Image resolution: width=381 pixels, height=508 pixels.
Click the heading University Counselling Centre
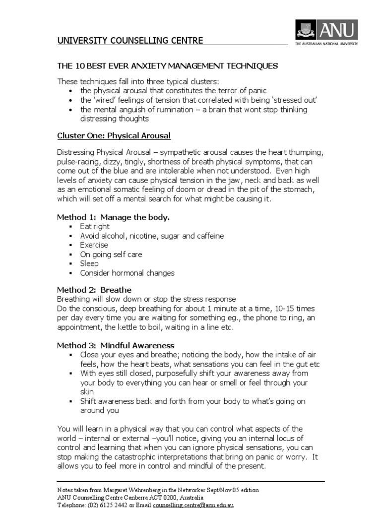130,40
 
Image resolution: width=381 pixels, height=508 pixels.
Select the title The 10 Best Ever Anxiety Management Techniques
167,66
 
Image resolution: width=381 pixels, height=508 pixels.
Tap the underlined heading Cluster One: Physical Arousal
114,135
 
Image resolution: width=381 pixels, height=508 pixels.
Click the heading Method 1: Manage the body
113,217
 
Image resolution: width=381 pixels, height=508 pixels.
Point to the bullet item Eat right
95,227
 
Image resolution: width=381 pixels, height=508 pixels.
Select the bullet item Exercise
94,245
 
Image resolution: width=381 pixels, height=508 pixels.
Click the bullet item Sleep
89,263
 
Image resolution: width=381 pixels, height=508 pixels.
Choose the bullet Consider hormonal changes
127,273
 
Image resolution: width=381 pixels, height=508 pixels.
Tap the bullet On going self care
111,254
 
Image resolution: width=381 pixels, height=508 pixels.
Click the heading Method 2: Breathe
94,290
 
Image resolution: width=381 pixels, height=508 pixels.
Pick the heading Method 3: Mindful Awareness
116,345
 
